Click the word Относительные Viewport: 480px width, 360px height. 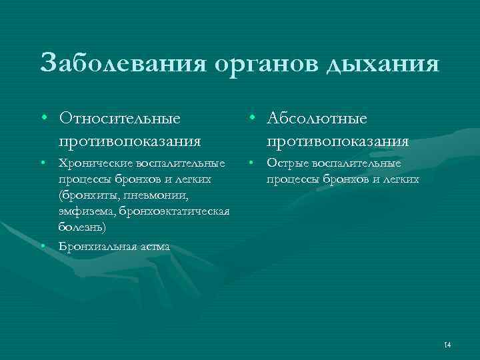point(119,118)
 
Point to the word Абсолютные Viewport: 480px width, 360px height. point(317,118)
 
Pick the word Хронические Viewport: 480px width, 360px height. point(93,163)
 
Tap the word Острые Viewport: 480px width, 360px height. point(287,163)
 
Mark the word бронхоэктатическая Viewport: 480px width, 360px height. point(175,212)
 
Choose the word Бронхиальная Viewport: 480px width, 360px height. point(96,247)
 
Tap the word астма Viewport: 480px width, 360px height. point(153,247)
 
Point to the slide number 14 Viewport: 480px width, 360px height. point(447,345)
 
